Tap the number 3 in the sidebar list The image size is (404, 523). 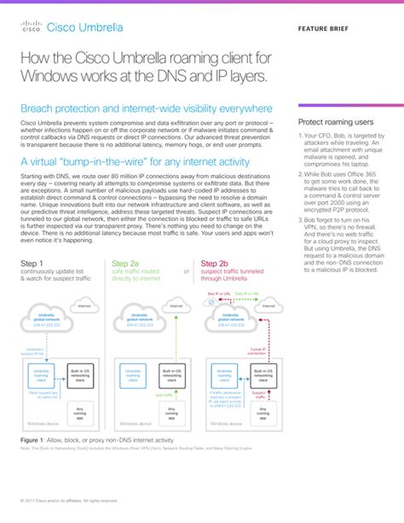(x=301, y=219)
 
